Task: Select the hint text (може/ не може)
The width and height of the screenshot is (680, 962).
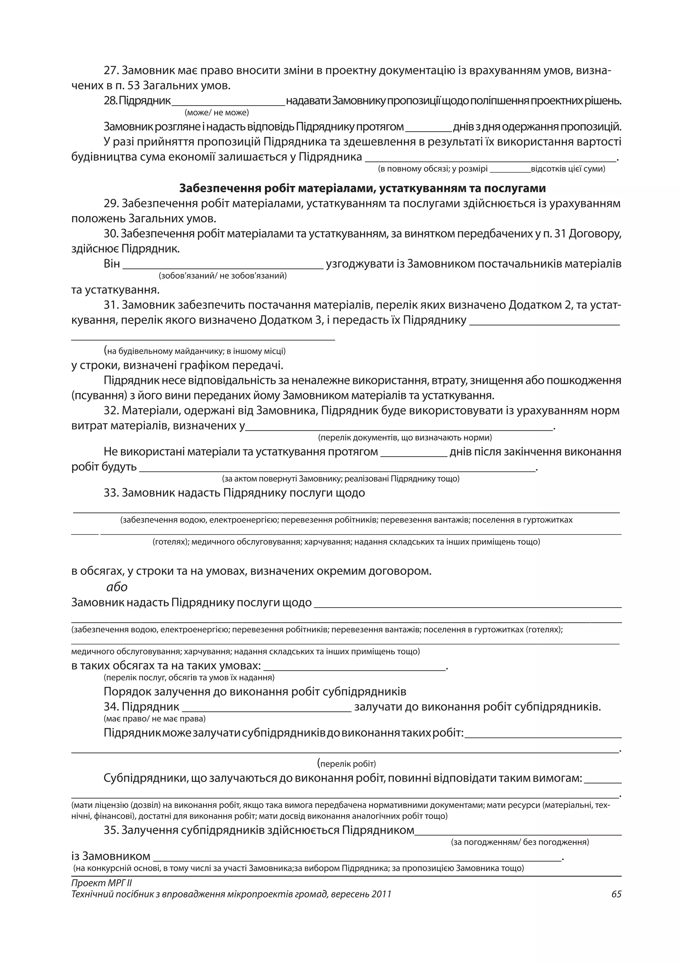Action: [216, 113]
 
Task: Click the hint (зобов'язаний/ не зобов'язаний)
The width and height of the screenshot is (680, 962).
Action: [222, 276]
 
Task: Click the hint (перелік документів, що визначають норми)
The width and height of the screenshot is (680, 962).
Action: [404, 438]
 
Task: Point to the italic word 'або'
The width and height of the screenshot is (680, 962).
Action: [117, 587]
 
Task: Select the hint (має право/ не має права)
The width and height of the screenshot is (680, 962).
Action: [154, 719]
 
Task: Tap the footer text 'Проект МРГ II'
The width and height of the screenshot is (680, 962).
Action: [102, 883]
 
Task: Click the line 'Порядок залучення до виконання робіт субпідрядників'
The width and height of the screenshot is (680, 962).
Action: [255, 692]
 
